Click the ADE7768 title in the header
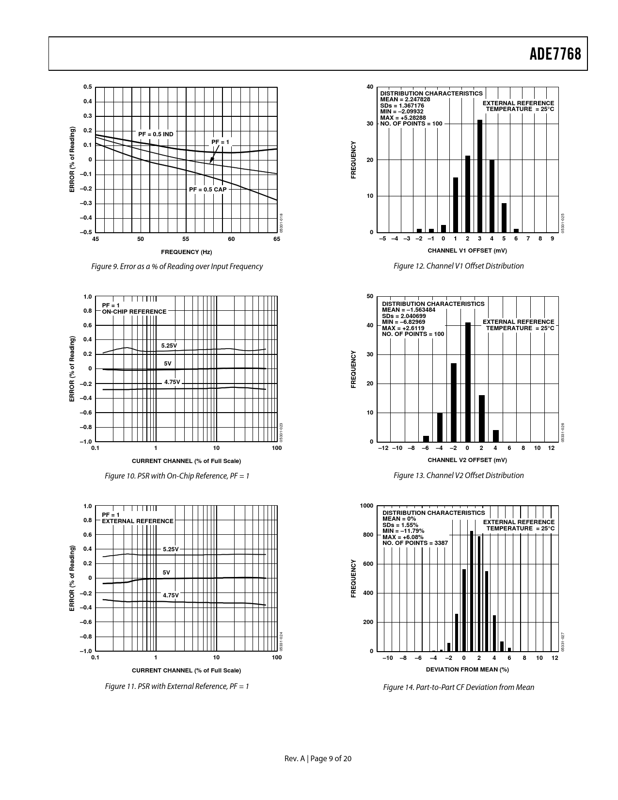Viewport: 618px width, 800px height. pyautogui.click(x=555, y=54)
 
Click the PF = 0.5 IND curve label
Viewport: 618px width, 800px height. pyautogui.click(x=156, y=134)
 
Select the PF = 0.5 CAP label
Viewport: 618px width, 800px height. pyautogui.click(x=207, y=189)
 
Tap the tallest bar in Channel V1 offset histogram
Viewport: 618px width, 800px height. pyautogui.click(x=480, y=176)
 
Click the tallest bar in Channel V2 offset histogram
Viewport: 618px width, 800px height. pyautogui.click(x=468, y=382)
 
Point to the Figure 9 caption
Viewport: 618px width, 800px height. pyautogui.click(x=177, y=266)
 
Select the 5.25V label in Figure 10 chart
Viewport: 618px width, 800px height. pyautogui.click(x=169, y=345)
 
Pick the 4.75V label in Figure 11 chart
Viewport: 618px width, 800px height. pyautogui.click(x=171, y=595)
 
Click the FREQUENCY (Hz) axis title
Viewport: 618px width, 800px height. pyautogui.click(x=186, y=252)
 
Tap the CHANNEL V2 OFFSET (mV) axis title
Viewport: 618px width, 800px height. pyautogui.click(x=467, y=460)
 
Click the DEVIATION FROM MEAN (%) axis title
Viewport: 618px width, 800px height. pyautogui.click(x=467, y=669)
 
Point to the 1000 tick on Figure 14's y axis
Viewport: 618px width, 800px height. pyautogui.click(x=366, y=506)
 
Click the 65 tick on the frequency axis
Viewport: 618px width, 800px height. pyautogui.click(x=277, y=239)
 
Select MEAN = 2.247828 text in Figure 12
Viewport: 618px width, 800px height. pyautogui.click(x=405, y=99)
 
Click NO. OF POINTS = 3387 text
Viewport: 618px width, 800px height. pyautogui.click(x=415, y=543)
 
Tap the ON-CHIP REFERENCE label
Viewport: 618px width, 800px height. pyautogui.click(x=134, y=312)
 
